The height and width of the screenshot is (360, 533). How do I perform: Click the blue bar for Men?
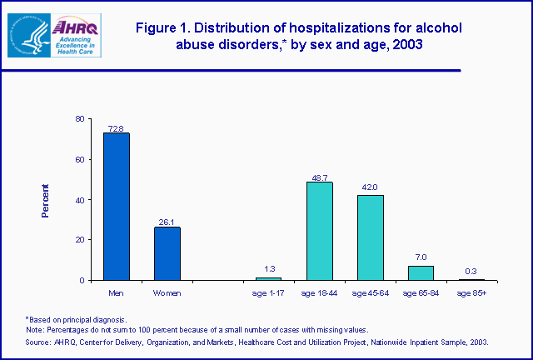tap(116, 207)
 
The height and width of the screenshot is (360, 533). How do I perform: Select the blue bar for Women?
tap(167, 253)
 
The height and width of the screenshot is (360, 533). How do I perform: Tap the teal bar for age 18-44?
tap(320, 231)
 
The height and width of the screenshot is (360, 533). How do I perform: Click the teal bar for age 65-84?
tap(421, 272)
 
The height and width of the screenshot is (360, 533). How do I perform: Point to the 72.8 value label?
tap(116, 128)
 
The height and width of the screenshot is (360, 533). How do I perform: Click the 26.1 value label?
tap(167, 222)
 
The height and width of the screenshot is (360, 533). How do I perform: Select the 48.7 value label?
tap(320, 177)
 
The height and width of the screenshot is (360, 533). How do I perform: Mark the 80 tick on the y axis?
tap(79, 119)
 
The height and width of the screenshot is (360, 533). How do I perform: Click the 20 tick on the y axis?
tap(79, 240)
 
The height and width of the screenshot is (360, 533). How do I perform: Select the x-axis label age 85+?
tap(471, 293)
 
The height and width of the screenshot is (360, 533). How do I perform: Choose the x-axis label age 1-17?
tap(269, 293)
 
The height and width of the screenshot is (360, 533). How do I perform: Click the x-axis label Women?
tap(167, 293)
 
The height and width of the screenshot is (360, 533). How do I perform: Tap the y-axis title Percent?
tap(46, 200)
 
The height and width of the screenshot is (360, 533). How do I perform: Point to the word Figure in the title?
tap(158, 28)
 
